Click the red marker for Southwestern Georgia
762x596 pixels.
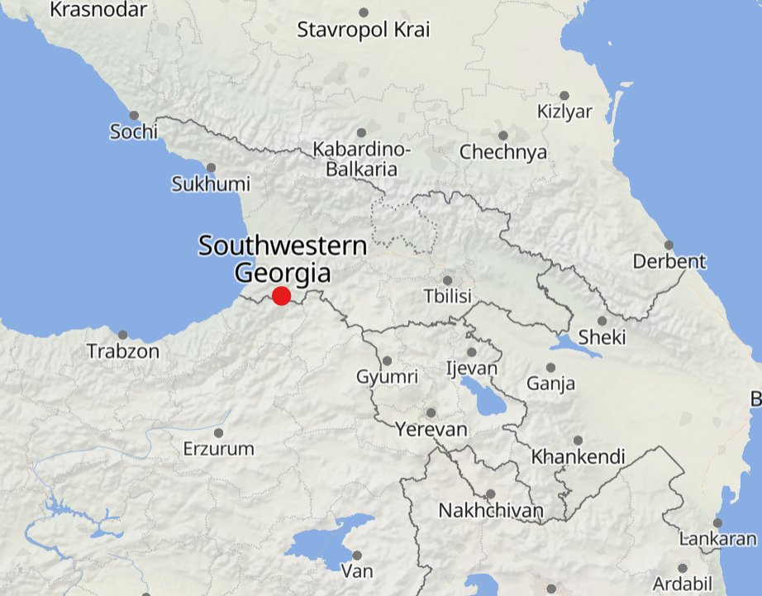pyautogui.click(x=281, y=296)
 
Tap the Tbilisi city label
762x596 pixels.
pyautogui.click(x=446, y=296)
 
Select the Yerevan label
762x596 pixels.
pyautogui.click(x=431, y=430)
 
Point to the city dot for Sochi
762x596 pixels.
pyautogui.click(x=134, y=116)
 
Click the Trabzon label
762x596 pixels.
pyautogui.click(x=123, y=351)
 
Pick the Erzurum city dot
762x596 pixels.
pyautogui.click(x=219, y=432)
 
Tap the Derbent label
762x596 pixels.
pyautogui.click(x=669, y=262)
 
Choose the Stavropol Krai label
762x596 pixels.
pyautogui.click(x=364, y=31)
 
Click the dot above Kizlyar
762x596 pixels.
pyautogui.click(x=564, y=96)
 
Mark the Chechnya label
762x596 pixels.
pyautogui.click(x=503, y=152)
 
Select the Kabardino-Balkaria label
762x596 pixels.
pyautogui.click(x=361, y=160)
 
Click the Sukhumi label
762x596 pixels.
pyautogui.click(x=211, y=184)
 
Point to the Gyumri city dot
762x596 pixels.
pyautogui.click(x=388, y=360)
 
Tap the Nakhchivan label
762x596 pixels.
pyautogui.click(x=491, y=510)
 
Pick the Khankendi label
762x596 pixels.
pyautogui.click(x=579, y=456)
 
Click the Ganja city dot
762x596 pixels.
pyautogui.click(x=551, y=368)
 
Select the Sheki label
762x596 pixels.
pyautogui.click(x=602, y=337)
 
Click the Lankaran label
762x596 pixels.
pyautogui.click(x=717, y=539)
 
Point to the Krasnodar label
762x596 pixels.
pyautogui.click(x=98, y=10)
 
